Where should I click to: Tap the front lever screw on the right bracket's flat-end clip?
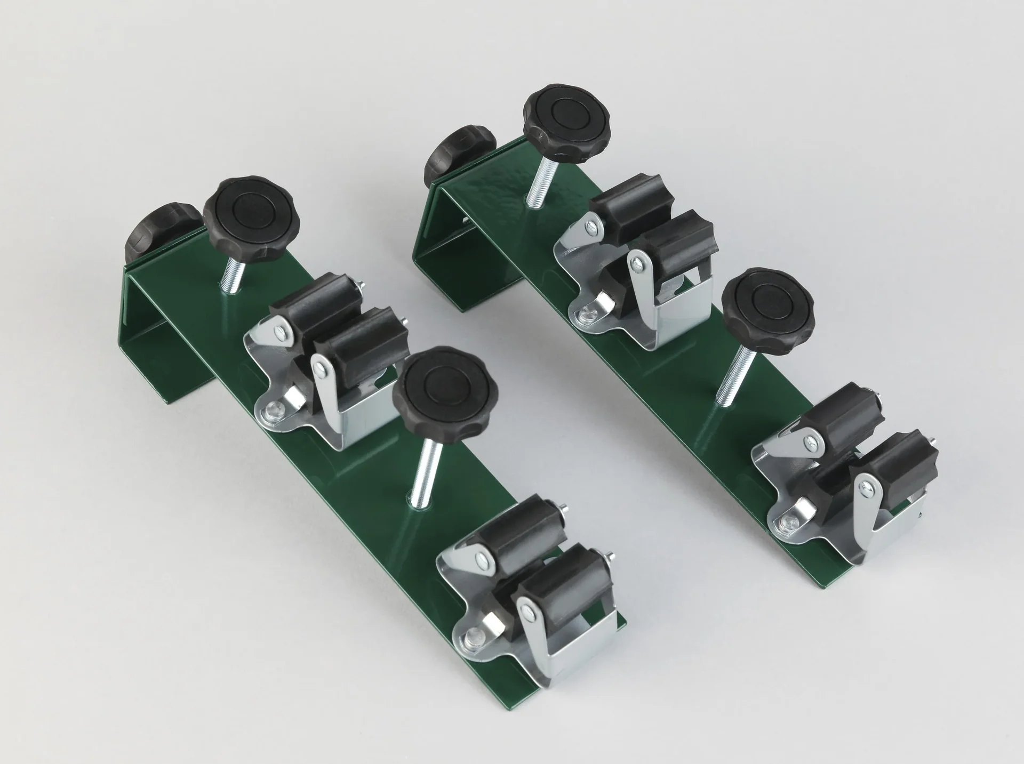[x=868, y=486]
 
